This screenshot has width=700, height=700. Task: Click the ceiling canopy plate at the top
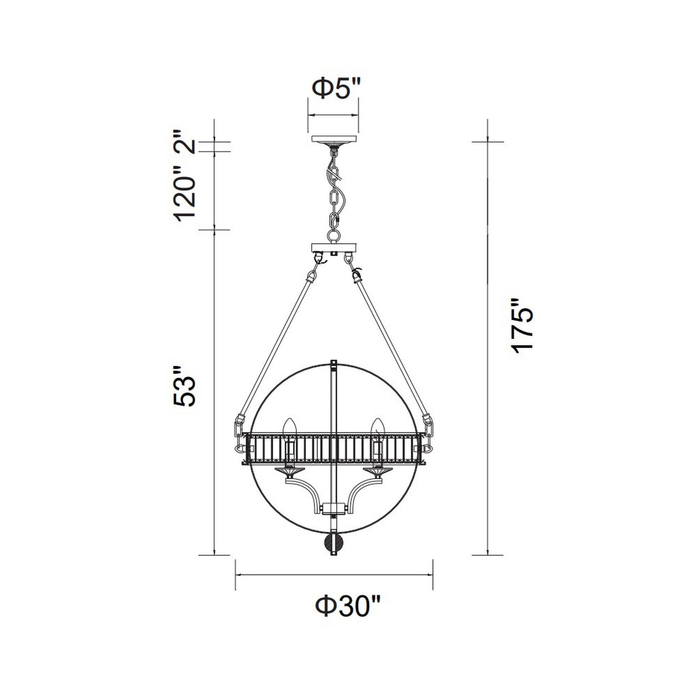pyautogui.click(x=334, y=139)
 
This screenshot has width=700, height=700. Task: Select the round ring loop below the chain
pyautogui.click(x=334, y=236)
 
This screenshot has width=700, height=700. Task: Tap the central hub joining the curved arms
pyautogui.click(x=334, y=509)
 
